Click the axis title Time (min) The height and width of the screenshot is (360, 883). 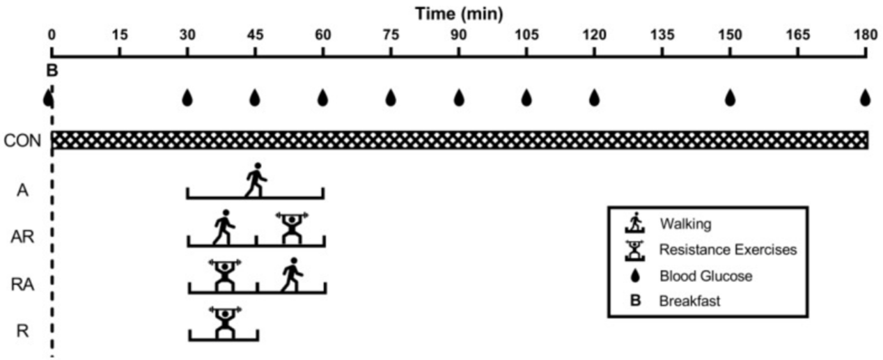click(459, 13)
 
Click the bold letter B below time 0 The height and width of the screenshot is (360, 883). click(52, 72)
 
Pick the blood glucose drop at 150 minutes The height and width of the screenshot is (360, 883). click(730, 98)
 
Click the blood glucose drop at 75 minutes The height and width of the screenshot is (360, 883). click(391, 98)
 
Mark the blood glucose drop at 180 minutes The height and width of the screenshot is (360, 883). click(866, 98)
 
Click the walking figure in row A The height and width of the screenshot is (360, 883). click(256, 180)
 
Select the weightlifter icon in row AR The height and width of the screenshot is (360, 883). click(290, 227)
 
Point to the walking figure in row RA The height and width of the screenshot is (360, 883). click(292, 274)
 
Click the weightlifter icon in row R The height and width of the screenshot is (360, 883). click(224, 322)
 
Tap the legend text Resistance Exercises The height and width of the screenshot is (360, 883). click(728, 249)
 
